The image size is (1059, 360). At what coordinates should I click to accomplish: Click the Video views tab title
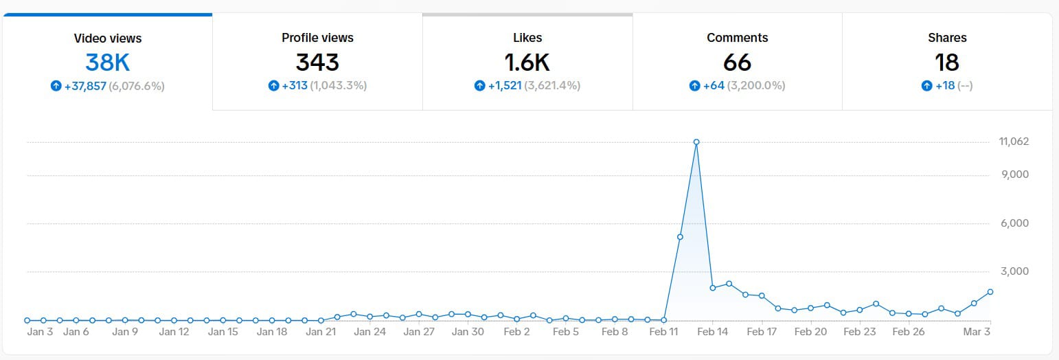coord(108,38)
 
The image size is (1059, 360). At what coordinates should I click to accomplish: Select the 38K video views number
coord(108,63)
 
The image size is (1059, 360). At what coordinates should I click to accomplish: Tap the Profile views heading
coord(317,38)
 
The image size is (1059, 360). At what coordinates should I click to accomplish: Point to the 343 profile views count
coord(317,63)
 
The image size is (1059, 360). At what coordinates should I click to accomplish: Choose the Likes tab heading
coord(527,38)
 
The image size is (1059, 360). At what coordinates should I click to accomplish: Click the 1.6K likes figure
coord(527,63)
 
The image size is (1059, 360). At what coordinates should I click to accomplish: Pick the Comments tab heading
coord(737,38)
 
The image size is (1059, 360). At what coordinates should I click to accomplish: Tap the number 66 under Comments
coord(737,63)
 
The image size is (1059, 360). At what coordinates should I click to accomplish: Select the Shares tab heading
coord(947,38)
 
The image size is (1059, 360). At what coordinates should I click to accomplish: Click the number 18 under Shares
coord(947,63)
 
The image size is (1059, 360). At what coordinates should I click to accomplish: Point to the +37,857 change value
coord(85,86)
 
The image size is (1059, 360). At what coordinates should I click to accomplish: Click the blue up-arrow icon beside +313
coord(274,86)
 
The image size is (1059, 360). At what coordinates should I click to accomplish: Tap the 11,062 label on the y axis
coord(1014,142)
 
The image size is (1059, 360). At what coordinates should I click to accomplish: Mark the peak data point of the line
coord(696,142)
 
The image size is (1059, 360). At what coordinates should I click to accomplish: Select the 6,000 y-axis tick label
coord(1014,223)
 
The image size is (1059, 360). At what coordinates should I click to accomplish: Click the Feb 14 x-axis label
coord(713,332)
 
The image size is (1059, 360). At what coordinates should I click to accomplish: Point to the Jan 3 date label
coord(40,332)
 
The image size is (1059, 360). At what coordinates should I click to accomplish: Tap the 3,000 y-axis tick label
coord(1014,271)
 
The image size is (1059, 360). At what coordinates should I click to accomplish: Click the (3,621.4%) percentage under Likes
coord(552,86)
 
